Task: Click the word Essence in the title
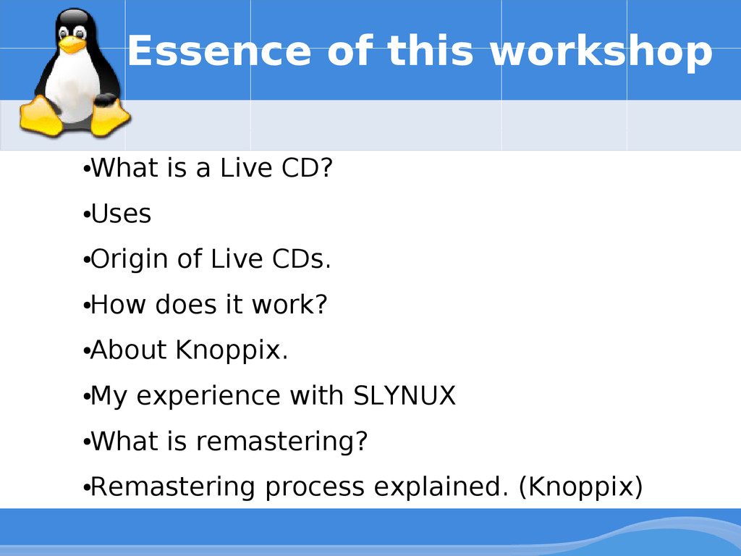click(219, 51)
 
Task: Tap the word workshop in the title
click(601, 52)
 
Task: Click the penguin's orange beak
click(72, 45)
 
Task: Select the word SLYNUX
click(405, 395)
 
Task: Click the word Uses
click(121, 214)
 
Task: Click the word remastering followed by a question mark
click(281, 441)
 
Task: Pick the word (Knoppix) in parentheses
click(581, 487)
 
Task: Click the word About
click(129, 350)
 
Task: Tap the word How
click(118, 305)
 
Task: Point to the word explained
click(441, 487)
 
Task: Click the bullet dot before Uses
click(87, 215)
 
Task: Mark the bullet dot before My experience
click(87, 397)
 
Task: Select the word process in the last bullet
click(315, 489)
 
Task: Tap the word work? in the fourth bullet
click(289, 305)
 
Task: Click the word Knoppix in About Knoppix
click(232, 351)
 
